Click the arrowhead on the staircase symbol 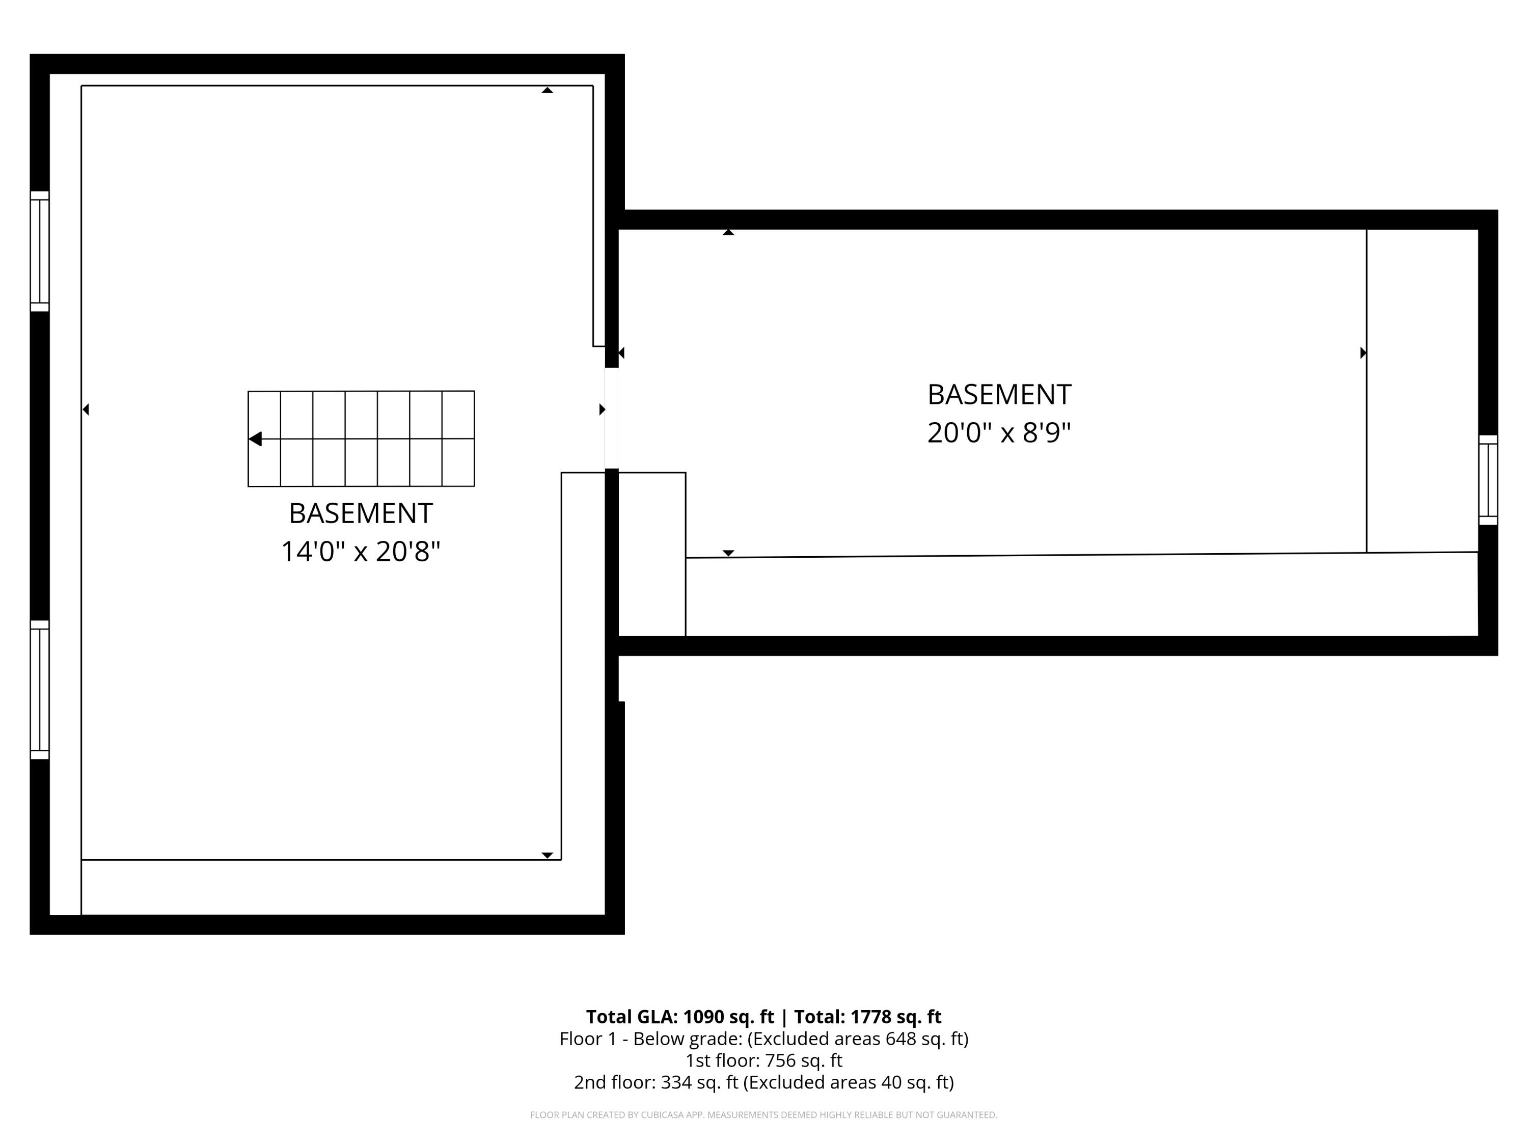pyautogui.click(x=255, y=439)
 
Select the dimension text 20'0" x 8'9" pyautogui.click(x=998, y=433)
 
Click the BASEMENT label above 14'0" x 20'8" pyautogui.click(x=360, y=513)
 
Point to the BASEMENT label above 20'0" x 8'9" pyautogui.click(x=998, y=394)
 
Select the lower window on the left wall pyautogui.click(x=39, y=690)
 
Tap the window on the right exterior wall pyautogui.click(x=1487, y=480)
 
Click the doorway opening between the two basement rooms pyautogui.click(x=611, y=418)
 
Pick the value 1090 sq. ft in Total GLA pyautogui.click(x=728, y=1017)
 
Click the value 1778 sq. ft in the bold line pyautogui.click(x=895, y=1017)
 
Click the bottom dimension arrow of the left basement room pyautogui.click(x=547, y=855)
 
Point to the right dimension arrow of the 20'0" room pyautogui.click(x=1363, y=353)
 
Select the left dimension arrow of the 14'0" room pyautogui.click(x=86, y=410)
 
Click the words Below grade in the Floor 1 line pyautogui.click(x=687, y=1039)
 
